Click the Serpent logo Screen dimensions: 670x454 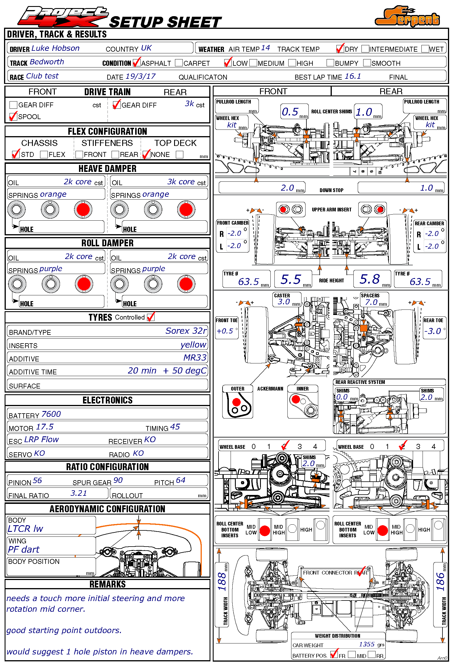click(x=407, y=17)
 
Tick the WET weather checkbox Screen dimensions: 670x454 click(x=425, y=49)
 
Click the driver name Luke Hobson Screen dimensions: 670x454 click(x=55, y=48)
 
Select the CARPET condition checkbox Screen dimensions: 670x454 click(x=179, y=63)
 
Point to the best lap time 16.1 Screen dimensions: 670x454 click(x=353, y=76)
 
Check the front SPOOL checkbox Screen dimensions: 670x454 click(x=13, y=117)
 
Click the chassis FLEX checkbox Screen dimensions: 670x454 click(x=44, y=155)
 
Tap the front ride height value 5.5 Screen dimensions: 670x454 click(x=291, y=279)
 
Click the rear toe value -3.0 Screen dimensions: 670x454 click(x=432, y=331)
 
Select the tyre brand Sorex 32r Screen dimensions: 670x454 click(x=186, y=331)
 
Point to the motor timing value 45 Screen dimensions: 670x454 click(x=175, y=427)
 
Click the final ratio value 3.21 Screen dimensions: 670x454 click(x=78, y=493)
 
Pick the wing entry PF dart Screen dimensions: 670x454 click(x=24, y=549)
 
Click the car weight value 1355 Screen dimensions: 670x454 click(x=367, y=644)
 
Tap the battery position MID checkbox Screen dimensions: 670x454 click(x=352, y=655)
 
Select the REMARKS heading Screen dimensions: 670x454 click(x=108, y=584)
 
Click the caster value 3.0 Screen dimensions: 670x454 click(x=284, y=302)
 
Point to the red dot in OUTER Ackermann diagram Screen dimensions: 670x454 click(x=236, y=402)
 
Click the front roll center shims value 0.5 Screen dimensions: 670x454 click(x=290, y=112)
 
